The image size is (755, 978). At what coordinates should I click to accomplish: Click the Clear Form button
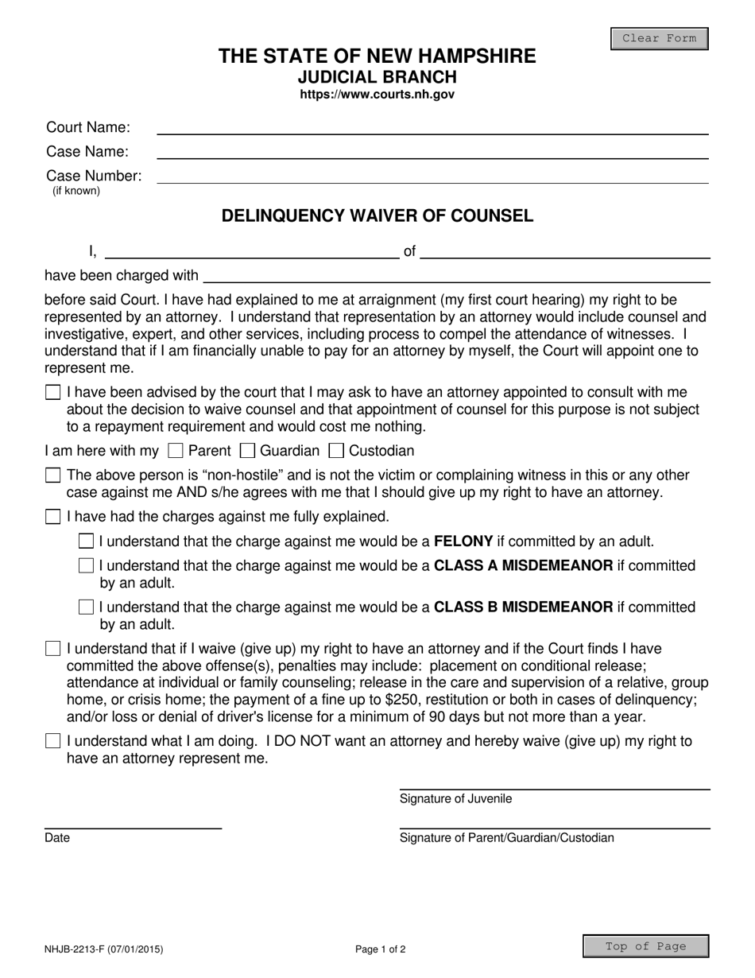[x=659, y=38]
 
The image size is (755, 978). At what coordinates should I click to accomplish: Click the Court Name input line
[x=432, y=127]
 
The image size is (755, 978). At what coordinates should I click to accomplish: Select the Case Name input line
[x=432, y=151]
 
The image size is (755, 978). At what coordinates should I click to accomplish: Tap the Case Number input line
[x=432, y=177]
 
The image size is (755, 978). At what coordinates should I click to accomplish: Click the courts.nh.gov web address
[x=377, y=94]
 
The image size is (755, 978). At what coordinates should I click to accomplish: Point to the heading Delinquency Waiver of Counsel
[x=377, y=215]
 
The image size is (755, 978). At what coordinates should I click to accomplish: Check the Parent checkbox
[x=176, y=452]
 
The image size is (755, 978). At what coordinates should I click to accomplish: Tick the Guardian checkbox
[x=247, y=452]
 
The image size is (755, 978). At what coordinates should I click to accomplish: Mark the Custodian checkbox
[x=336, y=452]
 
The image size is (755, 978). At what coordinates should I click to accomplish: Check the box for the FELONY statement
[x=87, y=541]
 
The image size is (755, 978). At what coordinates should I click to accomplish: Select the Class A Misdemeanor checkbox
[x=87, y=566]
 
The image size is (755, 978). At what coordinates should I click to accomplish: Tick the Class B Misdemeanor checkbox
[x=87, y=607]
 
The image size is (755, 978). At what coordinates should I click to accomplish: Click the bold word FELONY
[x=463, y=541]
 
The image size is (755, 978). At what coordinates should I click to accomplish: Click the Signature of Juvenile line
[x=554, y=782]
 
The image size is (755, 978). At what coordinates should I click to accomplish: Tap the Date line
[x=133, y=822]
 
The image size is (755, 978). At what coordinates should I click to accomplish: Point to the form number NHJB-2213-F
[x=104, y=949]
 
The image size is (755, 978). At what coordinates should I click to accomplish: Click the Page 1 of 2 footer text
[x=381, y=949]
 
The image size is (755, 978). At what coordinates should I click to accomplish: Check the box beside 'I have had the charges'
[x=53, y=517]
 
